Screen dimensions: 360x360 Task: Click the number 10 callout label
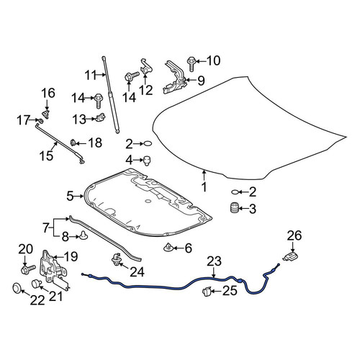213,60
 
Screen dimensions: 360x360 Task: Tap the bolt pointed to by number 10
191,63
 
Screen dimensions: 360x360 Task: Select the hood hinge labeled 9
174,77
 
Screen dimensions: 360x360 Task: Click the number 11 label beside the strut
91,75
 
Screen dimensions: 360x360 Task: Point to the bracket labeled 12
146,66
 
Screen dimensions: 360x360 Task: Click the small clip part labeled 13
101,118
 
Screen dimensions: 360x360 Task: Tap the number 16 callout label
48,93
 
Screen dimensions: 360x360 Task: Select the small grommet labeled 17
41,120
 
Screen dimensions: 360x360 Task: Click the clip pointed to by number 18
73,143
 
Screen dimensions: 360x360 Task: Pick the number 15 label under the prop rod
46,156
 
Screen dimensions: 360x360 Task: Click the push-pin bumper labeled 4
147,161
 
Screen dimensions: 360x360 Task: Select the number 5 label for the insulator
70,197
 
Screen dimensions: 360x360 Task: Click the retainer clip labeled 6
168,247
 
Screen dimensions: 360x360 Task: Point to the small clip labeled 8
84,235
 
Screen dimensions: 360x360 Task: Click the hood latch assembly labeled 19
53,269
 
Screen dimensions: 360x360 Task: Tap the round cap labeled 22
17,288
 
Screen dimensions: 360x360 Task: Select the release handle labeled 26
291,256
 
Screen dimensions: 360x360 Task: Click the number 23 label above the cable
214,261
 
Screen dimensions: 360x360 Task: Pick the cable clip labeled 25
207,292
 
